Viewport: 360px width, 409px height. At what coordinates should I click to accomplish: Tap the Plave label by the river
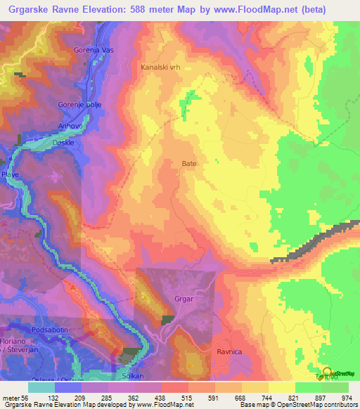11,173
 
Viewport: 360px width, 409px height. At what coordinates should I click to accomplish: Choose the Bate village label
189,164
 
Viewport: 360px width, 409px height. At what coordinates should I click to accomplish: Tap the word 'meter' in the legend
12,398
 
